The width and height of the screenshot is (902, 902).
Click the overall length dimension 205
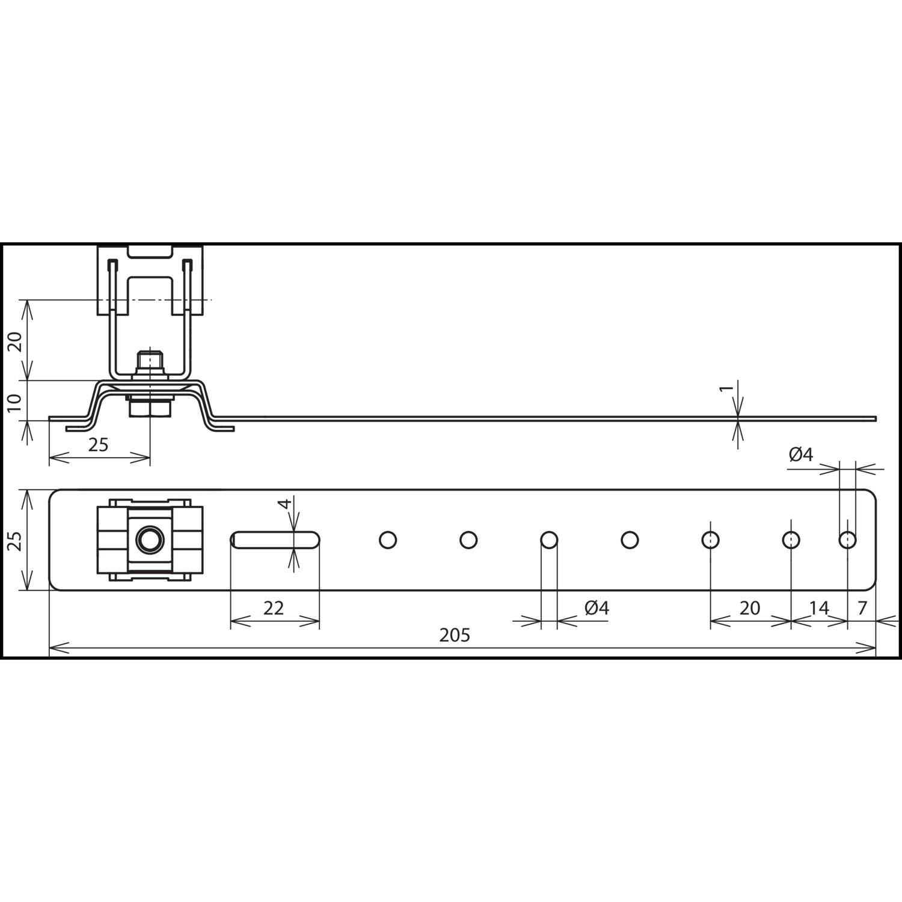[x=454, y=635]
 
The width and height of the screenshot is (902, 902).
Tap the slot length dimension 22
[x=274, y=608]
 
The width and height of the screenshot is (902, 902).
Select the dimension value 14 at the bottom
[x=819, y=608]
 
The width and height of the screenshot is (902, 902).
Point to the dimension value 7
[x=862, y=608]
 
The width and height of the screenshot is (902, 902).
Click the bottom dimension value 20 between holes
[x=750, y=608]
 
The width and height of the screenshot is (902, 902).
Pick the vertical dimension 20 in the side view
[x=16, y=342]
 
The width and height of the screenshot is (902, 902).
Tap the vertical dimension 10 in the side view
[x=16, y=401]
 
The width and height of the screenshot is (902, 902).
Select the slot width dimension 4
[x=287, y=503]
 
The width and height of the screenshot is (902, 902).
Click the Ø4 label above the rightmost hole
[x=801, y=455]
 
